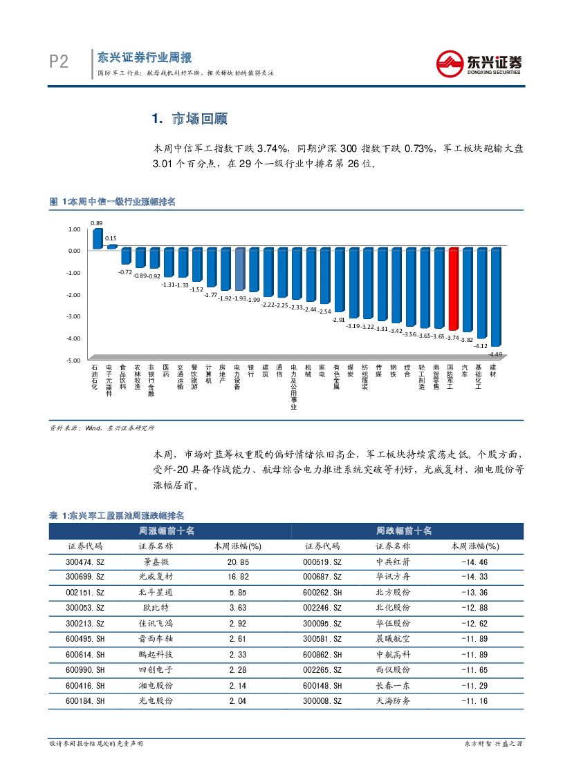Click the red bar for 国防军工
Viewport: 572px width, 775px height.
(453, 289)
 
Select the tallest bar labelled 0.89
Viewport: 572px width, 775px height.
(97, 238)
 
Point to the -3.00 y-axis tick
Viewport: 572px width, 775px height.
(73, 316)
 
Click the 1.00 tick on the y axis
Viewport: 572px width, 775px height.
(74, 229)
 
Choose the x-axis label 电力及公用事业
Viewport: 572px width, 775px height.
(294, 387)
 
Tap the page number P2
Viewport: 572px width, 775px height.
(59, 63)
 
